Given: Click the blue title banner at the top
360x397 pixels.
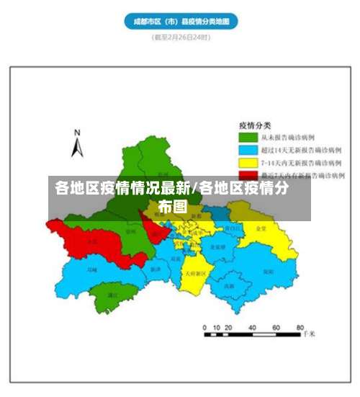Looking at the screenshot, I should (181, 22).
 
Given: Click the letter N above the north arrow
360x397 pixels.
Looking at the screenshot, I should (78, 132).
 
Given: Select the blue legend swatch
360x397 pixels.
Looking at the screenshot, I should (248, 150).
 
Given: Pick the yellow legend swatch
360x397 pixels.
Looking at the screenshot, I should (248, 163).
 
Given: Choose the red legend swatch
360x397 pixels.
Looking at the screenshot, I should (248, 175).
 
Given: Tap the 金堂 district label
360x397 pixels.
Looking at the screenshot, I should (261, 228).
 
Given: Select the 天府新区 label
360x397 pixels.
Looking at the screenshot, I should (195, 274).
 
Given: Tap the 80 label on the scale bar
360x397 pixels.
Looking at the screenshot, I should (297, 327).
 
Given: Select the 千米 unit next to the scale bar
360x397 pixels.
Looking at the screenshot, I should (308, 334).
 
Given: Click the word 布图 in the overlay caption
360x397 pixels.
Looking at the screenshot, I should (173, 207).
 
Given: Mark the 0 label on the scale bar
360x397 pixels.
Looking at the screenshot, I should (205, 327).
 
